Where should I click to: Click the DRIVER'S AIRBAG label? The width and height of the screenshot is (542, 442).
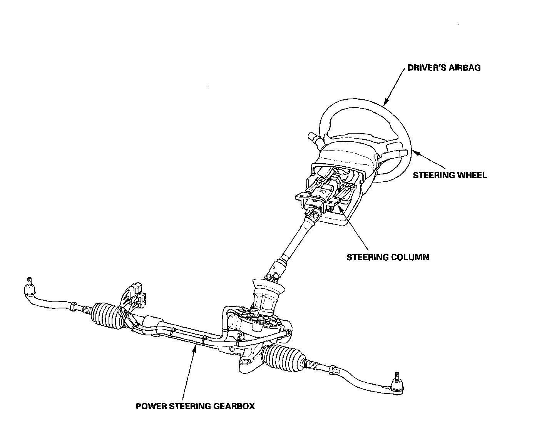[444, 68]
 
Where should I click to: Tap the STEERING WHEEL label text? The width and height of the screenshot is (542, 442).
[450, 175]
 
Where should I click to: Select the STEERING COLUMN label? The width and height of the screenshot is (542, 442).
[388, 257]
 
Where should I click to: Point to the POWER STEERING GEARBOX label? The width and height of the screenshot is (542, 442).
[195, 406]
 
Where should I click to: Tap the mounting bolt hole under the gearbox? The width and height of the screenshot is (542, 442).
[244, 362]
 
